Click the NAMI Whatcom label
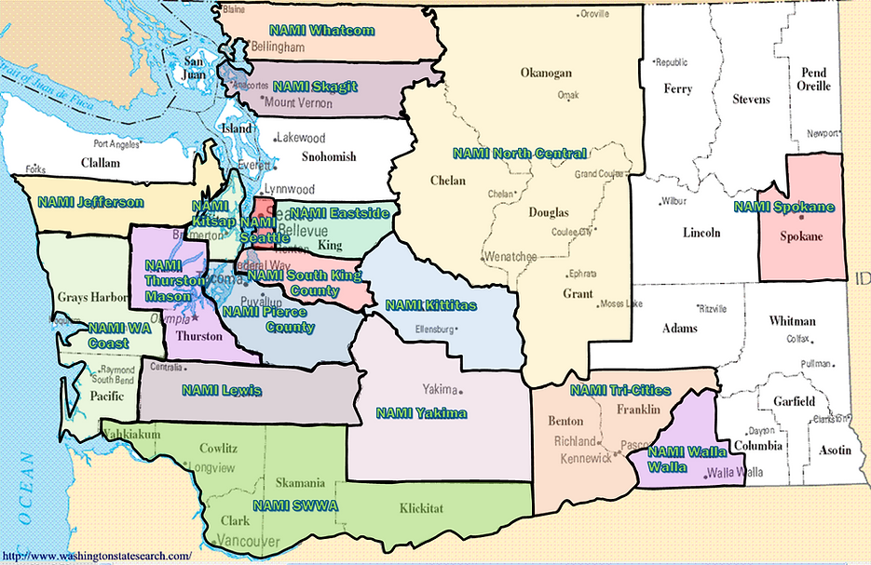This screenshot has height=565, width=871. [x=321, y=31]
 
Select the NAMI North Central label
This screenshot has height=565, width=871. [x=519, y=154]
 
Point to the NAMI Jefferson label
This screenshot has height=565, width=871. [x=90, y=202]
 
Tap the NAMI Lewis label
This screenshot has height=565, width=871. [x=222, y=390]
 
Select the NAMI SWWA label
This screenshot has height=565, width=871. [x=294, y=505]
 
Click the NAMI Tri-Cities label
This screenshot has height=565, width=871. [x=619, y=390]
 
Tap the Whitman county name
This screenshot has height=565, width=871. [x=792, y=321]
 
